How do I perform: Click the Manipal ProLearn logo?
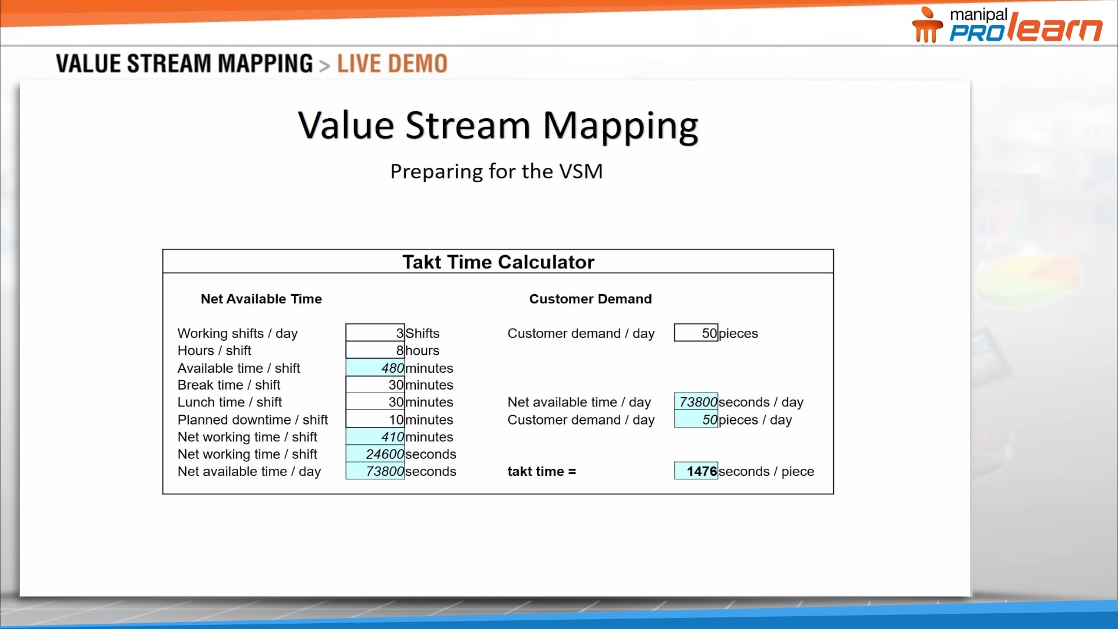tap(1007, 25)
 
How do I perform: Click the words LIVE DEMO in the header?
tap(392, 63)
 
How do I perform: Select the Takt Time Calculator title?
tap(498, 262)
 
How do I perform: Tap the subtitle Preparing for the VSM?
tap(496, 171)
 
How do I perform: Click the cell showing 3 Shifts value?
tap(375, 333)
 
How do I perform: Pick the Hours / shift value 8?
tap(375, 351)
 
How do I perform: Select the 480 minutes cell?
tap(375, 368)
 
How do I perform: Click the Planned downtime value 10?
tap(375, 420)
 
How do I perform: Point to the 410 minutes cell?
tap(375, 437)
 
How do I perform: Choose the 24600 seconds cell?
tap(375, 454)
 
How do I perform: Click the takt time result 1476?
tap(696, 471)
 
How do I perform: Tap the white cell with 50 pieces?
tap(696, 333)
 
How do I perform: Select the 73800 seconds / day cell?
tap(696, 402)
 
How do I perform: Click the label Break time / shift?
tap(229, 385)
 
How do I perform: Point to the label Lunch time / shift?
tap(229, 402)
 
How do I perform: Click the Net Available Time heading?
tap(261, 299)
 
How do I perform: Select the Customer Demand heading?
tap(590, 299)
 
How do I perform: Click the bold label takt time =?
tap(542, 471)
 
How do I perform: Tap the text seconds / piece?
tap(766, 471)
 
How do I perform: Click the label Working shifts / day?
tap(238, 333)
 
